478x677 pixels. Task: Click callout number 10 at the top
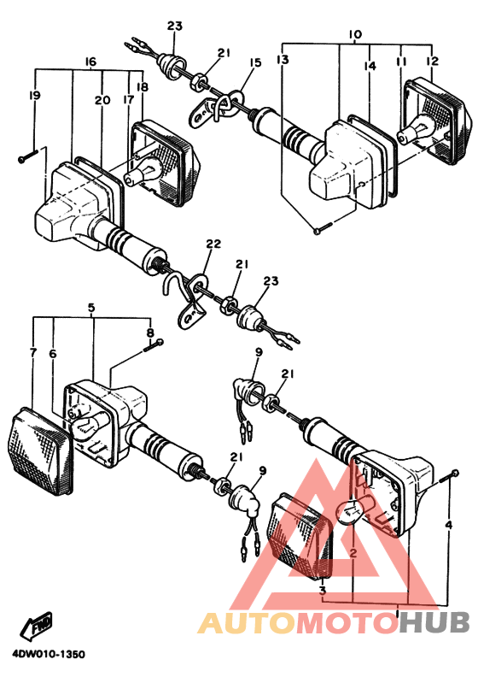click(x=355, y=34)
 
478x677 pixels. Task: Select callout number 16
click(x=90, y=62)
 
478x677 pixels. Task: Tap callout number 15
click(x=254, y=62)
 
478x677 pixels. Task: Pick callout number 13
click(x=283, y=60)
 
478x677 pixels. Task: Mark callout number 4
click(x=449, y=525)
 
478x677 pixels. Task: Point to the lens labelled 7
click(x=40, y=450)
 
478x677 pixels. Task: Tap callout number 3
click(x=323, y=590)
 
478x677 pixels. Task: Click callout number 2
click(x=352, y=554)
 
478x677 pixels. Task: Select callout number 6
click(x=52, y=353)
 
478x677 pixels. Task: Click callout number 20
click(x=102, y=101)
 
